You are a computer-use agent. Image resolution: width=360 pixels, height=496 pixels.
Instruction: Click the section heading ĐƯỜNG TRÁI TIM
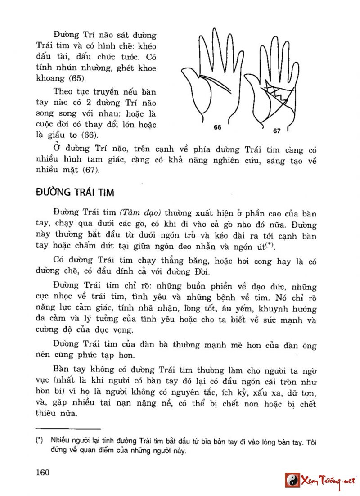click(75, 193)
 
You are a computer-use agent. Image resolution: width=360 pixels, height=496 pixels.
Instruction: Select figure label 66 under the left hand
click(217, 127)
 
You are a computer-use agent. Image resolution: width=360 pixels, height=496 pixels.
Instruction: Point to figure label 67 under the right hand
click(276, 131)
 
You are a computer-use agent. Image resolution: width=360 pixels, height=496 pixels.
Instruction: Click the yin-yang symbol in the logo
click(292, 480)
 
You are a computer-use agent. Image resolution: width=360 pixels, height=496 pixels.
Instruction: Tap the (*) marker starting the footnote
click(39, 441)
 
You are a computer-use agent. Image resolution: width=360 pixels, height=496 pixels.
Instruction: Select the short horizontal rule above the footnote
click(67, 429)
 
